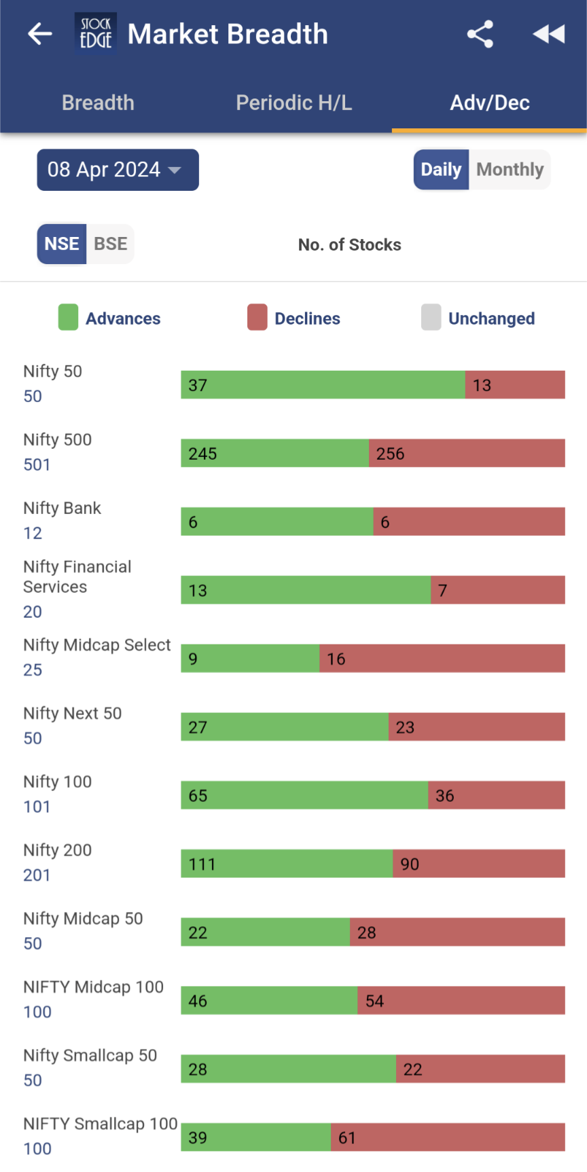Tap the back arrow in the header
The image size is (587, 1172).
click(40, 34)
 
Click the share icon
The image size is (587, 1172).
click(480, 34)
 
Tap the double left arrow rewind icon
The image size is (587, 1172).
click(548, 34)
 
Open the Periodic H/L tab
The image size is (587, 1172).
click(293, 103)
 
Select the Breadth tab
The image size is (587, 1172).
click(98, 103)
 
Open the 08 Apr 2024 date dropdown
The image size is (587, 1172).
click(118, 170)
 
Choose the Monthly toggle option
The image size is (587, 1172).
click(510, 170)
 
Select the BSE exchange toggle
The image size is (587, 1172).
click(110, 244)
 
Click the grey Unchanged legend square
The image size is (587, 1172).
click(431, 317)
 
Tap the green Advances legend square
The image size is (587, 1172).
click(68, 317)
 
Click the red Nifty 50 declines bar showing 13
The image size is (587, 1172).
click(515, 385)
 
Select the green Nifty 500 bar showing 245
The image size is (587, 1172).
click(274, 453)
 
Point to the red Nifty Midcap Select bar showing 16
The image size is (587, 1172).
click(442, 659)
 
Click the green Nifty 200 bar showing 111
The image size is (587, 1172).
click(286, 864)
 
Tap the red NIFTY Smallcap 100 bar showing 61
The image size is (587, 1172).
click(448, 1137)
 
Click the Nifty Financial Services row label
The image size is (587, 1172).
click(77, 576)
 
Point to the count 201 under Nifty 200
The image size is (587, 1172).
click(37, 875)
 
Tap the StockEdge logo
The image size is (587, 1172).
click(95, 34)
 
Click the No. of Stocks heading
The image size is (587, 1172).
click(349, 244)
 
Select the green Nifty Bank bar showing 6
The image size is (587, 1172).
click(277, 521)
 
